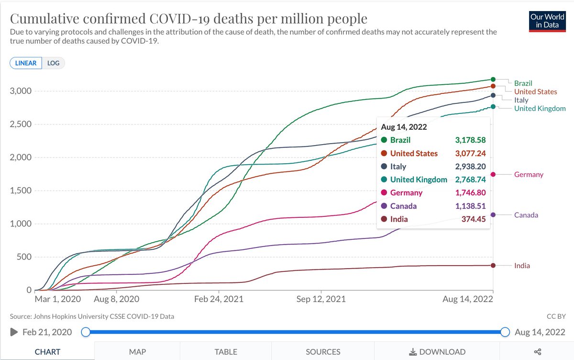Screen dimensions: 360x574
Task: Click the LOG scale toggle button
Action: coord(54,63)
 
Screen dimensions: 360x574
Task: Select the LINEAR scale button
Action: coord(26,63)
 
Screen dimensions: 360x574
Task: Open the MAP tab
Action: coord(137,352)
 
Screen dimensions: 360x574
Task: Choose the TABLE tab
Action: coord(226,352)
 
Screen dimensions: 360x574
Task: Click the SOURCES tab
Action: coord(323,352)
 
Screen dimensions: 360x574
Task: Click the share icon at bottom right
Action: coord(538,352)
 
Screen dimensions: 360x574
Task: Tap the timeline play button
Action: coord(14,332)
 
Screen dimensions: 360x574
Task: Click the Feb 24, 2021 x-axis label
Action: coord(219,299)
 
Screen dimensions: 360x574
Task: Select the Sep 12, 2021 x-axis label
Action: coord(321,299)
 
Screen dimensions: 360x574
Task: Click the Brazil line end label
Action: coord(523,83)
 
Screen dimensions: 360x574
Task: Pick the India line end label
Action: coord(522,266)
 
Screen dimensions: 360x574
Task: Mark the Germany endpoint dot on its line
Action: coord(493,175)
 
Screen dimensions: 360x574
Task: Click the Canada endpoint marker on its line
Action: coord(493,215)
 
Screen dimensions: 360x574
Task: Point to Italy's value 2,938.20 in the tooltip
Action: coord(469,167)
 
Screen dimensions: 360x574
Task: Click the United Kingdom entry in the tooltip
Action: coord(419,180)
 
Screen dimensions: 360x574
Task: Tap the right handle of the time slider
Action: coord(505,332)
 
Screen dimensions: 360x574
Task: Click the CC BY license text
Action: coord(556,316)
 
